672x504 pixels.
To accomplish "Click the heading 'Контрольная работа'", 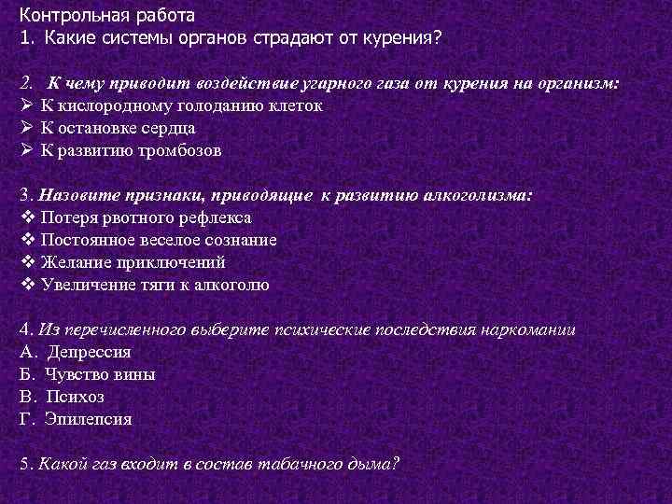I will coord(107,16).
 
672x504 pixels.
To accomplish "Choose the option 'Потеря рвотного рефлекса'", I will coord(146,217).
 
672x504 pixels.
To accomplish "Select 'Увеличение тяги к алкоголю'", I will coord(155,285).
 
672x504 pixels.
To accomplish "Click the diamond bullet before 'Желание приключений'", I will coord(26,262).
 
